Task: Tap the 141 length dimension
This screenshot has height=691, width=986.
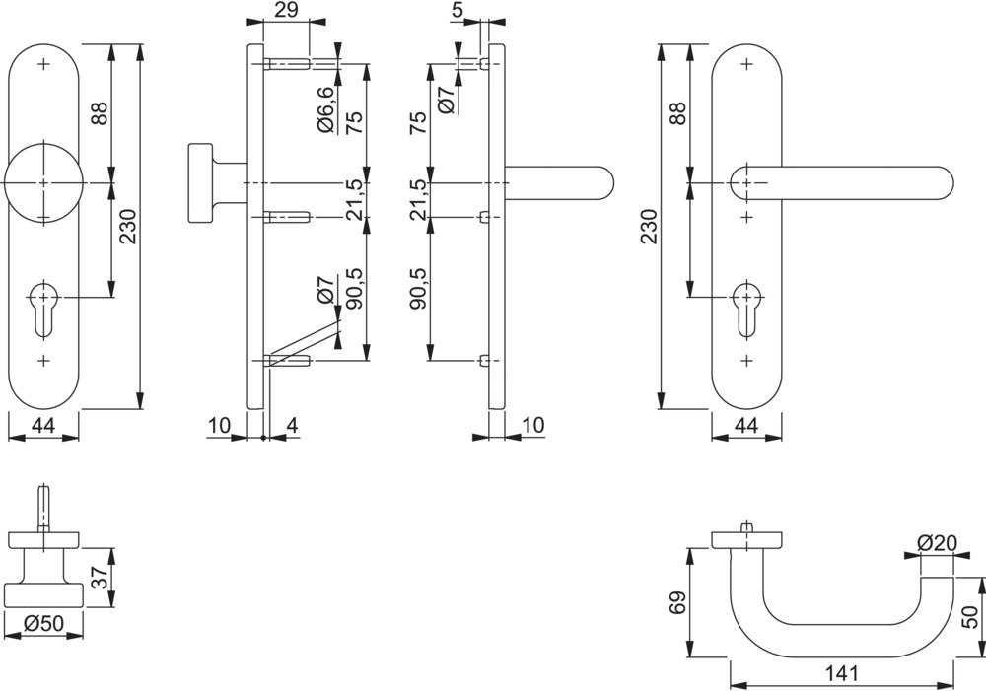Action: pyautogui.click(x=843, y=674)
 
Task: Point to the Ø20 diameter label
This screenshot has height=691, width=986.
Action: pyautogui.click(x=937, y=542)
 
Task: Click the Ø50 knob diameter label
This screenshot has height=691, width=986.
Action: pyautogui.click(x=43, y=624)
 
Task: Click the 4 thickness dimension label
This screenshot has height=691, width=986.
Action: pyautogui.click(x=292, y=425)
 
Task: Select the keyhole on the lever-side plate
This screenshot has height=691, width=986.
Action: pyautogui.click(x=746, y=302)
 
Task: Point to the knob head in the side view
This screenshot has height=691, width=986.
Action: pyautogui.click(x=200, y=183)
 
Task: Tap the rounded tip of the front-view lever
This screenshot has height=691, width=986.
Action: pyautogui.click(x=942, y=183)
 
